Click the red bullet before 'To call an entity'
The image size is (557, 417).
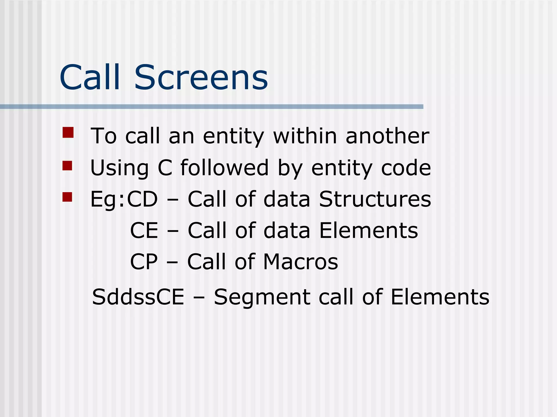(x=68, y=133)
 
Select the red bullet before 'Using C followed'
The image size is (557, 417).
(x=67, y=166)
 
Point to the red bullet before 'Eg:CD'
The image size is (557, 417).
(x=67, y=197)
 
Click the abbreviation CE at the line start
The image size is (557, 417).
(x=144, y=230)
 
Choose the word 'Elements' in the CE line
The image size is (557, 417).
(x=369, y=230)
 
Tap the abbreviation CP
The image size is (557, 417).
(x=144, y=262)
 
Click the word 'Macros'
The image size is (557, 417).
(x=301, y=262)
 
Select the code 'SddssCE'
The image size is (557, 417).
(x=138, y=297)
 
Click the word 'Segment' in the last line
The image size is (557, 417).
(x=262, y=297)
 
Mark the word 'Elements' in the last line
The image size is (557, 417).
(x=440, y=297)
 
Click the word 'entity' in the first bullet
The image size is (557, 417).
(x=233, y=136)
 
